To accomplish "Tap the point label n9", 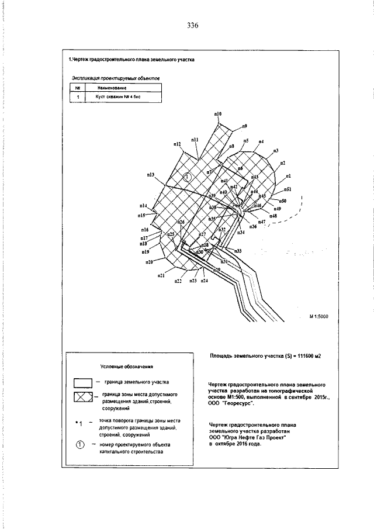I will pos(244,126).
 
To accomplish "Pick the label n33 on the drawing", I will pos(238,251).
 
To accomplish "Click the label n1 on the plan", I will pos(289,175).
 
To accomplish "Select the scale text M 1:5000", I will pos(319,316).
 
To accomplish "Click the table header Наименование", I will pos(115,88).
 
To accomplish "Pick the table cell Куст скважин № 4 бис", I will pos(115,98).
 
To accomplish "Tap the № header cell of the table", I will pos(77,88).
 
